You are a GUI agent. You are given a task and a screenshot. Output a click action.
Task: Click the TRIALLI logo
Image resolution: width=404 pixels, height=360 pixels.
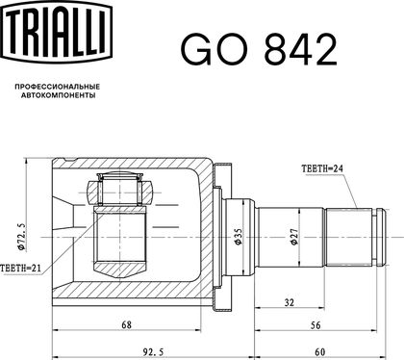(58, 32)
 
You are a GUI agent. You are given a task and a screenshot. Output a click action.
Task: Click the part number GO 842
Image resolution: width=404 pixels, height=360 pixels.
(259, 50)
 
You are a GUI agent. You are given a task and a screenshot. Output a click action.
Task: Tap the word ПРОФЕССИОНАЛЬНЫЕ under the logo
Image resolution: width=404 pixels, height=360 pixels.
(58, 87)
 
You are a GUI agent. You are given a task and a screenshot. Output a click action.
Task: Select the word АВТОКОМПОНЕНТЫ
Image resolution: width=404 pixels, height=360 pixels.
(59, 95)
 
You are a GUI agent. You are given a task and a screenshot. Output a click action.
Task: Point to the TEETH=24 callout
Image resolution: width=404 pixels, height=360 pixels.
(322, 168)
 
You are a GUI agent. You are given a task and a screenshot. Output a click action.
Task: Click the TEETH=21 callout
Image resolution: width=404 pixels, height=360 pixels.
(21, 268)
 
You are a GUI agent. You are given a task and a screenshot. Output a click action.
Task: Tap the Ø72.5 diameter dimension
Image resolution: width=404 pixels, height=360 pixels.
(22, 237)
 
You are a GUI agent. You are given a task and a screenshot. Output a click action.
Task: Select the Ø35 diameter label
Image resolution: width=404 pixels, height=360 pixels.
(239, 237)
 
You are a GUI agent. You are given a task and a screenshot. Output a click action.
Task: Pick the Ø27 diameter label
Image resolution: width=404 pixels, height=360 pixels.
(294, 237)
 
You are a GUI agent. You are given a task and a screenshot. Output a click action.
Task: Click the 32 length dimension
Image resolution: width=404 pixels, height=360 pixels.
(290, 302)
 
